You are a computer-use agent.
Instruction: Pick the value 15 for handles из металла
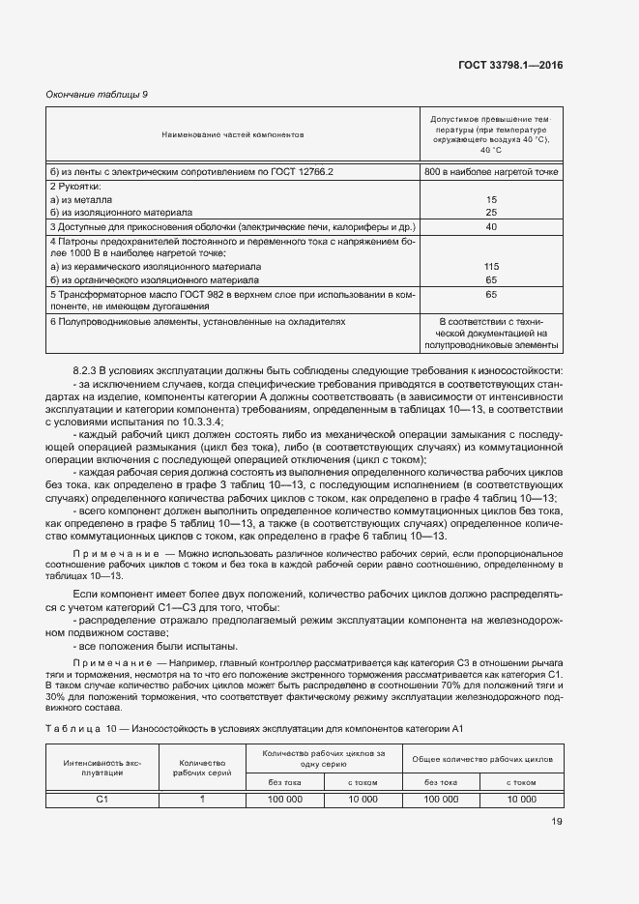[x=491, y=199]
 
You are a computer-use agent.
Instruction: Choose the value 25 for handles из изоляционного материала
[x=491, y=212]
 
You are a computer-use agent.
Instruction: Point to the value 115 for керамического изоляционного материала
[x=491, y=266]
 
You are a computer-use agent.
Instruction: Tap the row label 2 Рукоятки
[x=75, y=186]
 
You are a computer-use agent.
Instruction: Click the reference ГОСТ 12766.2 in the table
[x=299, y=171]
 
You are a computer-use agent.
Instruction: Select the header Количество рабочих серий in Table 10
[x=203, y=767]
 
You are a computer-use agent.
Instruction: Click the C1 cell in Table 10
[x=102, y=799]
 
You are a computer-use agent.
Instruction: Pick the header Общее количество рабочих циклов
[x=482, y=759]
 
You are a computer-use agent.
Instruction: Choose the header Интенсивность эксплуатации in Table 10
[x=102, y=767]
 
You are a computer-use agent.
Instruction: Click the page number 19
[x=557, y=822]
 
